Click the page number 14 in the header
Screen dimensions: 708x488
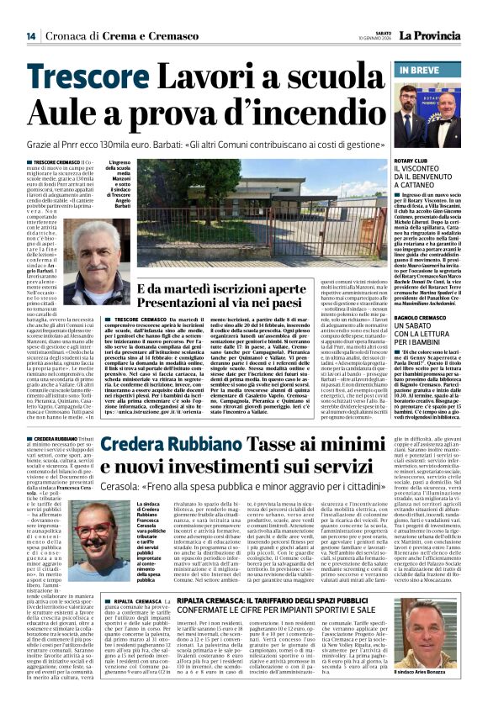click(30, 36)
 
